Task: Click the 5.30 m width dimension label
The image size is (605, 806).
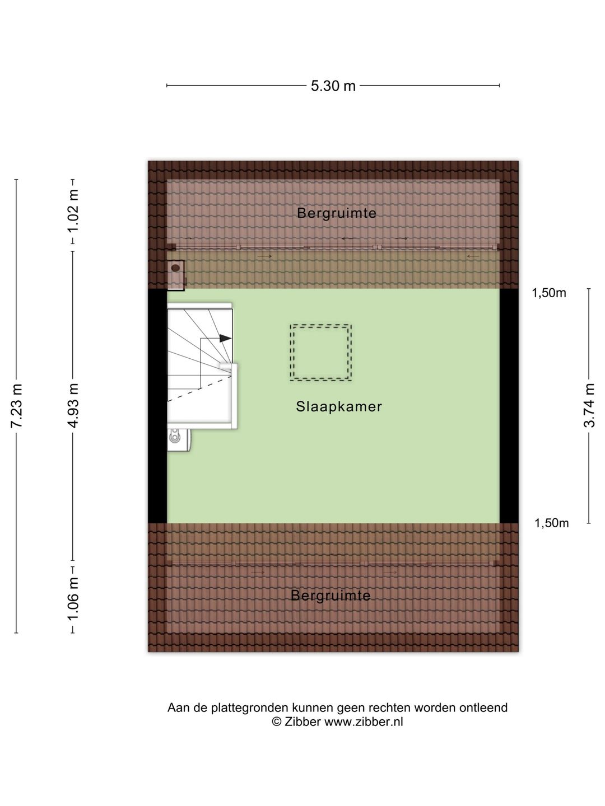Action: tap(333, 86)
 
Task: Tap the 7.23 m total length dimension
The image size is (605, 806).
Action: tap(17, 405)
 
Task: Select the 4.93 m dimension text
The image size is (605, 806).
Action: tap(73, 405)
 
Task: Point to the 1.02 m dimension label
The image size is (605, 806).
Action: tap(73, 210)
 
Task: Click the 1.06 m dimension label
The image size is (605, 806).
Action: tap(73, 599)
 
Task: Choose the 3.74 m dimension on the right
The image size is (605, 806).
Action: tap(589, 405)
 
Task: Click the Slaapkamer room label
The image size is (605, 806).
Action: tap(339, 406)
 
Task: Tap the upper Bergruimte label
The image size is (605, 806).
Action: tap(337, 213)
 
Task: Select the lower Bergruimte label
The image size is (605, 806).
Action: tap(331, 596)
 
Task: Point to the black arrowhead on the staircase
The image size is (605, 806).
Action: tap(225, 338)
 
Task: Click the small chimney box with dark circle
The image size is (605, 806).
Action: tap(175, 275)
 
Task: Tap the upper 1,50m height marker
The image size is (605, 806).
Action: tap(549, 293)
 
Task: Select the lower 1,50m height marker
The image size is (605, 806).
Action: tap(551, 523)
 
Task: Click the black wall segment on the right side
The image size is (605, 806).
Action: tap(509, 406)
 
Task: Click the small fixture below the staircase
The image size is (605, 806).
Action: tap(179, 440)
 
